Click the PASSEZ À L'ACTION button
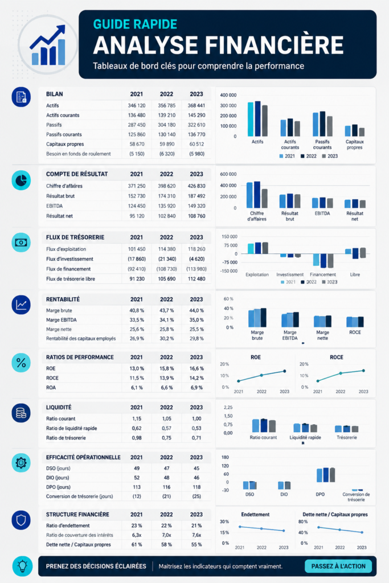coord(338,566)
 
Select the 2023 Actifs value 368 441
coord(196,105)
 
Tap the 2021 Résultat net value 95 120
coord(137,216)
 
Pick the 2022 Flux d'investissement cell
coord(167,259)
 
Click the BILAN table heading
coord(54,94)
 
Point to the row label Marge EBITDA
coord(62,320)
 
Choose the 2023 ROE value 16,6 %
coord(196,368)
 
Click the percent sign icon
coord(21,363)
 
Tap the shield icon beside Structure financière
coord(21,520)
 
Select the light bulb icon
coord(22,566)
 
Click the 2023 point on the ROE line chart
coord(285,371)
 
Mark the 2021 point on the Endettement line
coord(240,527)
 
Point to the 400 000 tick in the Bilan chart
coord(228,95)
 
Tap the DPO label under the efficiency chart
coord(320,495)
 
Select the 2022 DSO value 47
coord(167,469)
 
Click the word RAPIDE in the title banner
coord(155,24)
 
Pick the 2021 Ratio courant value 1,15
coord(137,418)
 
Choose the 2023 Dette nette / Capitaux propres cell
coord(196,545)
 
